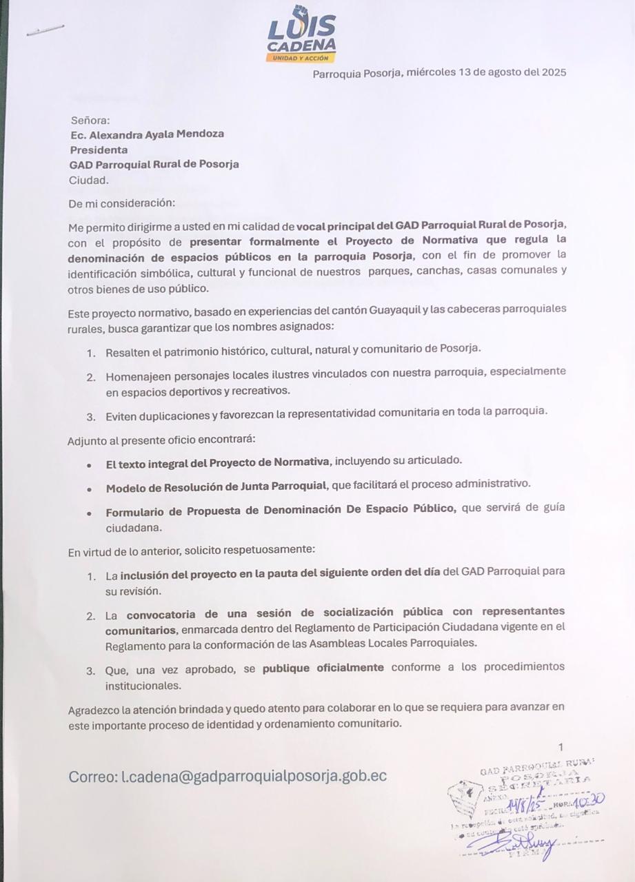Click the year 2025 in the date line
coord(553,72)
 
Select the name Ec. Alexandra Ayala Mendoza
coord(147,134)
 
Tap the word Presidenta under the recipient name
coord(98,150)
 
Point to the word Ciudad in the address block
coord(88,181)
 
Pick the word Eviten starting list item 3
coord(121,412)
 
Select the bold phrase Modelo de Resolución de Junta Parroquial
coord(216,486)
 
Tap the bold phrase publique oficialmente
coord(323,667)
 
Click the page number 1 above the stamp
coord(561,747)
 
